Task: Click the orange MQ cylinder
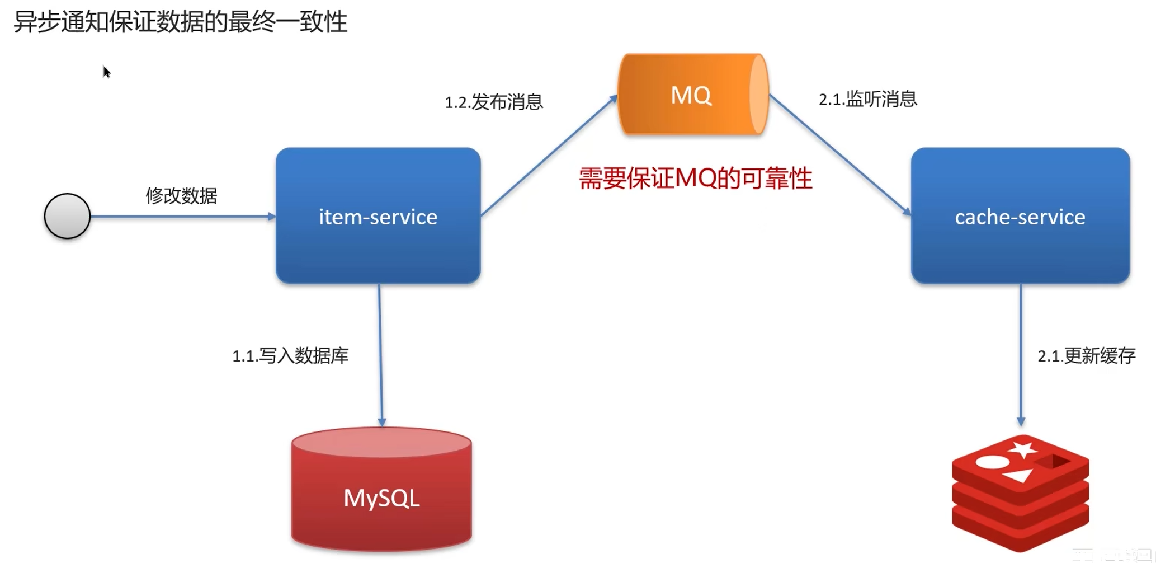click(x=692, y=95)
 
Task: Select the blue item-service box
click(x=378, y=216)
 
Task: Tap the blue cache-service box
click(x=1020, y=216)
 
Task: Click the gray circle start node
click(x=67, y=216)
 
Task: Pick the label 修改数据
click(x=181, y=196)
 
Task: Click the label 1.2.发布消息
click(x=494, y=102)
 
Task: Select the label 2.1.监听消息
click(x=868, y=100)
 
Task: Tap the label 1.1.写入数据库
click(x=290, y=356)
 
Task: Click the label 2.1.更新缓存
click(x=1087, y=356)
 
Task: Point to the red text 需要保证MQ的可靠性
click(x=695, y=179)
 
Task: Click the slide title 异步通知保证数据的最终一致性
click(x=181, y=22)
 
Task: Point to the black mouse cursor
click(x=106, y=72)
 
